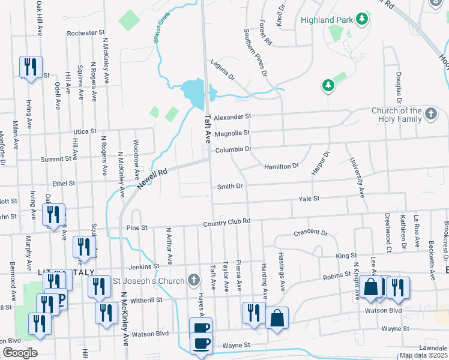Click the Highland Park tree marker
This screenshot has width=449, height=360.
click(x=361, y=20)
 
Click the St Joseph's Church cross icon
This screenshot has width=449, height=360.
click(x=193, y=279)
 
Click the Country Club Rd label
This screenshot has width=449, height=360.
click(x=226, y=221)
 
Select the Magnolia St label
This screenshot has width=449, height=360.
click(x=231, y=133)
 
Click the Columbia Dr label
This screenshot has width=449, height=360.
click(x=233, y=148)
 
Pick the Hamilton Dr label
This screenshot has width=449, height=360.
click(x=281, y=166)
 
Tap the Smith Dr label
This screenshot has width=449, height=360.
click(x=230, y=187)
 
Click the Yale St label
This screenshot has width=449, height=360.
click(x=310, y=198)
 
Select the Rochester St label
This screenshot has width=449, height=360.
click(x=86, y=33)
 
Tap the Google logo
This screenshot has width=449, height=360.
click(x=19, y=352)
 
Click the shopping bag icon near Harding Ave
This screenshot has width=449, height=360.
click(x=277, y=318)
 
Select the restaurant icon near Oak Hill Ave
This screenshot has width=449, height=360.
click(x=29, y=67)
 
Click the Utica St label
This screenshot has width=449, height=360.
click(x=85, y=131)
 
